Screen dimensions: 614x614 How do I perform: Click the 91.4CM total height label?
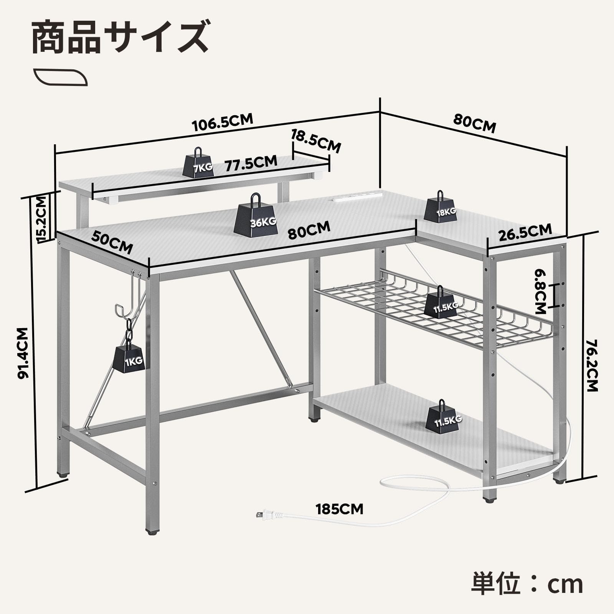(23, 353)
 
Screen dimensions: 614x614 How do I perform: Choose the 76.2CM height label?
(593, 365)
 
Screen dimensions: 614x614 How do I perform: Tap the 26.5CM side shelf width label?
(525, 232)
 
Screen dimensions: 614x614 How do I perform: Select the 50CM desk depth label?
(112, 243)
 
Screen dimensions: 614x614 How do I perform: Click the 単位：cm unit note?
(527, 584)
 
